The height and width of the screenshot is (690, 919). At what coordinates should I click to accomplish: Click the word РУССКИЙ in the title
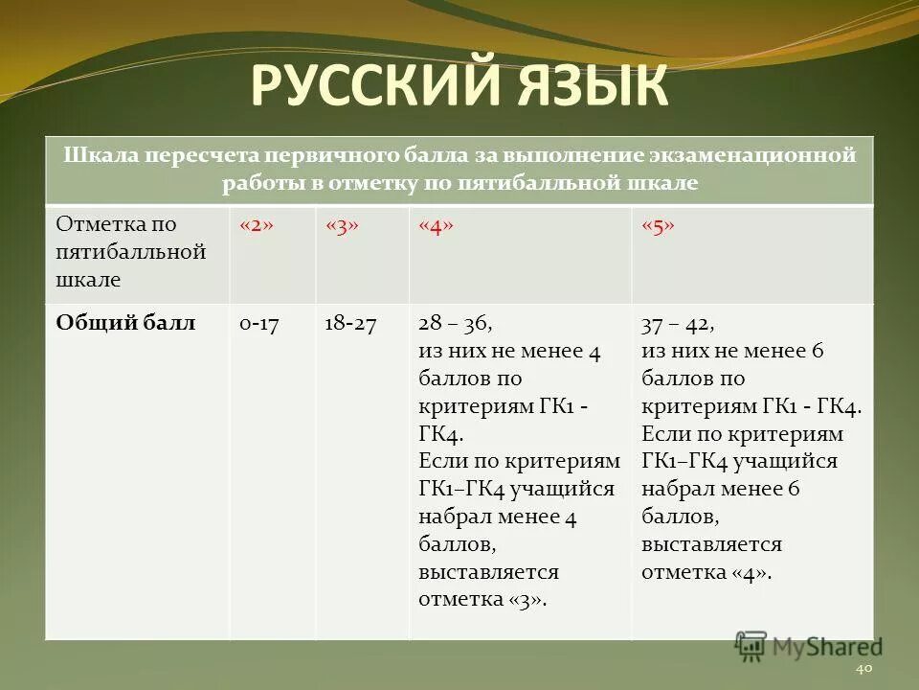pyautogui.click(x=370, y=87)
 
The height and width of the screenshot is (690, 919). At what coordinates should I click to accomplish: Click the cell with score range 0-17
pyautogui.click(x=258, y=324)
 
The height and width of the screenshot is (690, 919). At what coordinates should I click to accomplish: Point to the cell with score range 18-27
pyautogui.click(x=350, y=324)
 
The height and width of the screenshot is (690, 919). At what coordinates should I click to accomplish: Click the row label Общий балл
pyautogui.click(x=125, y=324)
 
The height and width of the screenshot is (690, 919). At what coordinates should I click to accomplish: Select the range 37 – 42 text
pyautogui.click(x=678, y=324)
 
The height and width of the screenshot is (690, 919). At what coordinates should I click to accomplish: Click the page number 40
pyautogui.click(x=863, y=668)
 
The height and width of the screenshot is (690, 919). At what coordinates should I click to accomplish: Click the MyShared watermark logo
pyautogui.click(x=809, y=647)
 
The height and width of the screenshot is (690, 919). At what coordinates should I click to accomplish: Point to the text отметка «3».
pyautogui.click(x=482, y=599)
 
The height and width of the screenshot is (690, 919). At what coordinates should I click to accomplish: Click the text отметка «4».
pyautogui.click(x=706, y=573)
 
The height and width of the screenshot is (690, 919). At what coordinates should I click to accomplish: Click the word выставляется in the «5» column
pyautogui.click(x=711, y=544)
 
